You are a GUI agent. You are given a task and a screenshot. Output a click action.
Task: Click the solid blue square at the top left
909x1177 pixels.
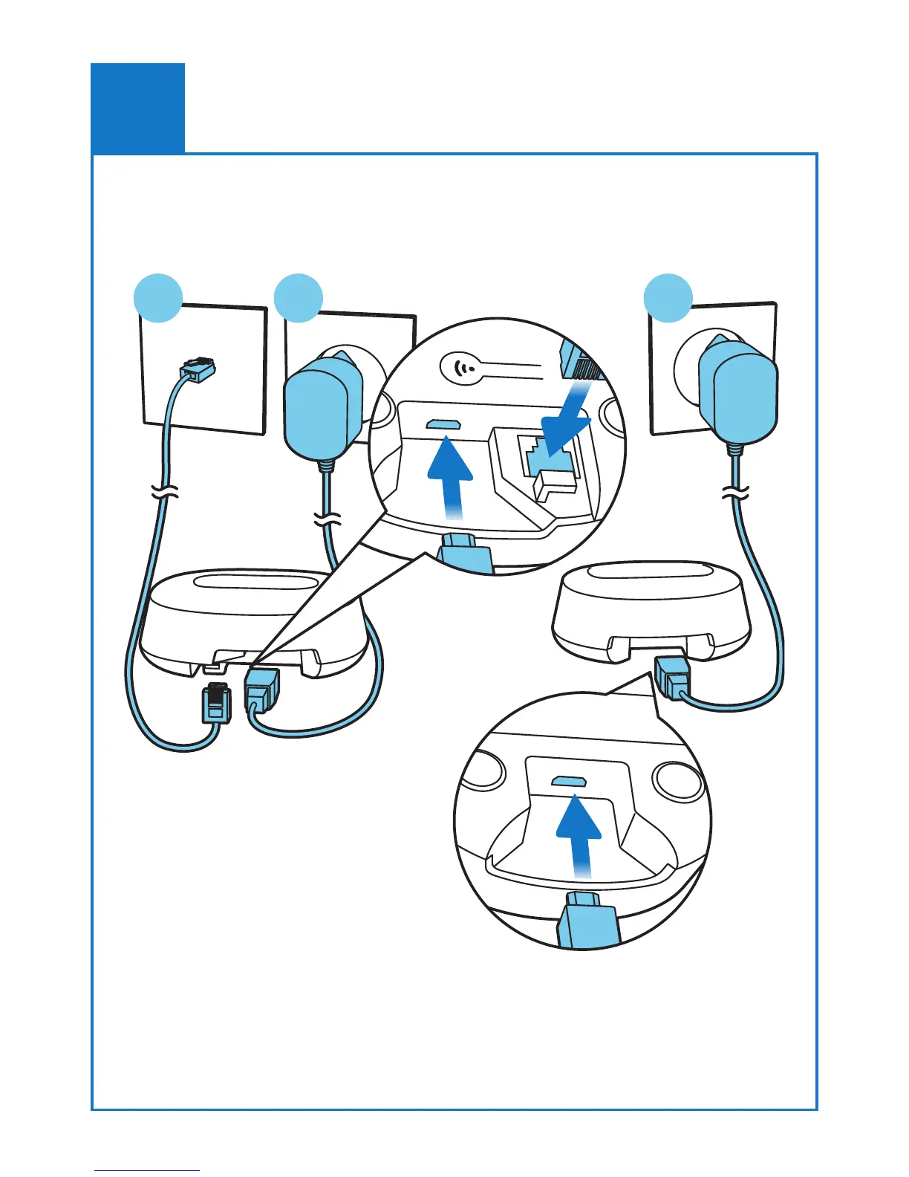137,108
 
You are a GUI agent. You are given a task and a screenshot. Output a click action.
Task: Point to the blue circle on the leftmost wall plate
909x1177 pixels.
158,298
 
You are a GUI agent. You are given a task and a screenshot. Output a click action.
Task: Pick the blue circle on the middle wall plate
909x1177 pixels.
299,298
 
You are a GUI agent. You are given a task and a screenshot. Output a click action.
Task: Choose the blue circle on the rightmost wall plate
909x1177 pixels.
668,298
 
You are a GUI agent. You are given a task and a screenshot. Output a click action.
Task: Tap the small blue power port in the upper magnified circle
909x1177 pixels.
443,424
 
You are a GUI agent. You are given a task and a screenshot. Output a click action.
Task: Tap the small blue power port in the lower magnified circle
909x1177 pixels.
570,781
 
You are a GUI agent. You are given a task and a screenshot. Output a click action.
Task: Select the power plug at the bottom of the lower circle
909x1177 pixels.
586,921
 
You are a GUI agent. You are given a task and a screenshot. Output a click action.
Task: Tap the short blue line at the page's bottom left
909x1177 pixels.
147,1170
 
